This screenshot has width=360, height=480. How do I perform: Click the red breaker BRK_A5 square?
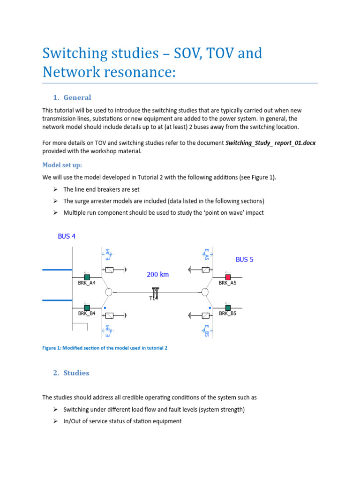pos(228,277)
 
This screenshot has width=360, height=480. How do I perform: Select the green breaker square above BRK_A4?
pos(87,277)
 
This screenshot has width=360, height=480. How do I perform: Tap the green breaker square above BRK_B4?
pos(87,307)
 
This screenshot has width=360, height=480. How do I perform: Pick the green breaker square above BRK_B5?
pos(228,307)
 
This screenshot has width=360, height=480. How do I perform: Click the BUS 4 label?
pos(67,236)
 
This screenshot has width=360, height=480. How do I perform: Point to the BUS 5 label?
pos(244,259)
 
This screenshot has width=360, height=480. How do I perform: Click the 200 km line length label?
pos(157,275)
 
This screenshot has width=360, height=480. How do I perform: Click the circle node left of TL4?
pos(108,292)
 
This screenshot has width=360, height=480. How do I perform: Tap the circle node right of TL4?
pos(205,292)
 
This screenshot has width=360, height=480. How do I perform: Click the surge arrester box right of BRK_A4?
pos(109,270)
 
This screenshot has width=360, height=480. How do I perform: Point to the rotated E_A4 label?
pos(107,254)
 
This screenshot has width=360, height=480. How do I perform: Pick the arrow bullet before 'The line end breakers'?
pos(55,189)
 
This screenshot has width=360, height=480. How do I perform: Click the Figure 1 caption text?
pos(105,348)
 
